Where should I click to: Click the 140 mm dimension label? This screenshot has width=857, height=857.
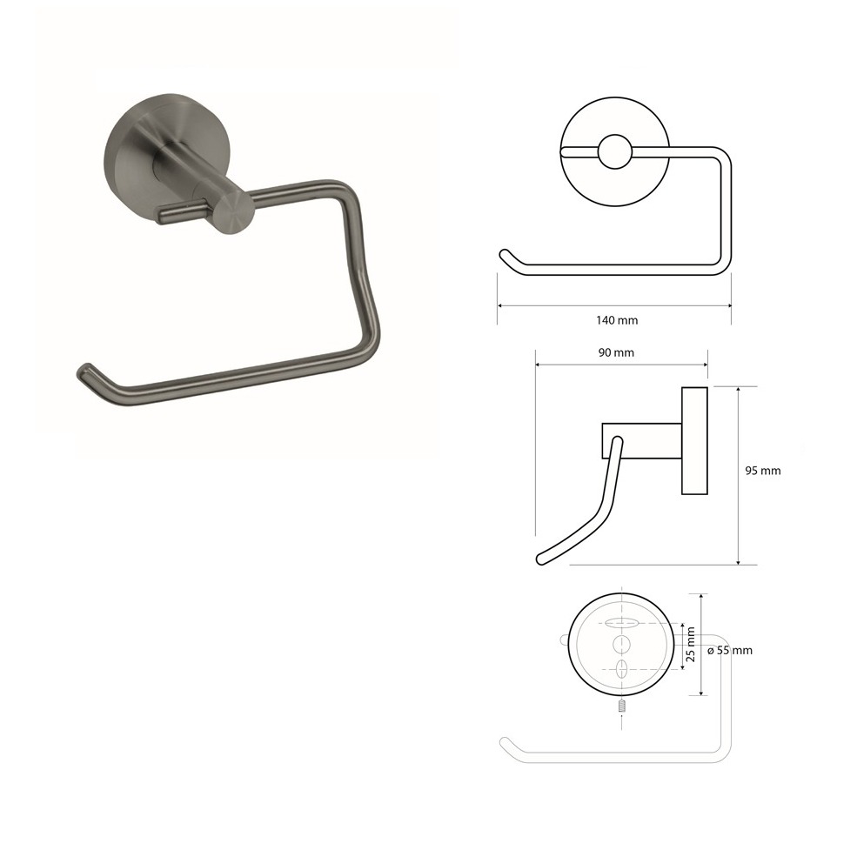[617, 320]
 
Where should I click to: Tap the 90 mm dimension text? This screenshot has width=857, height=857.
[616, 352]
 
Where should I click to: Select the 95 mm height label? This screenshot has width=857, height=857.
[763, 471]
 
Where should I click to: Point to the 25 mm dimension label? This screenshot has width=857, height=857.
[691, 645]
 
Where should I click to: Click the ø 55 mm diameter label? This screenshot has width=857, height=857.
[730, 651]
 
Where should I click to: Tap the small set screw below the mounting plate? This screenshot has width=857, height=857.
[622, 706]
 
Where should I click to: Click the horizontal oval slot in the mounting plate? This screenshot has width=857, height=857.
[622, 623]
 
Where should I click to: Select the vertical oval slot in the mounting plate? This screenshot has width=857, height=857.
[622, 669]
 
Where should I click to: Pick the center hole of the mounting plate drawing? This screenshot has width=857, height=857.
[622, 645]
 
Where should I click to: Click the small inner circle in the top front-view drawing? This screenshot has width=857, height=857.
[615, 151]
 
